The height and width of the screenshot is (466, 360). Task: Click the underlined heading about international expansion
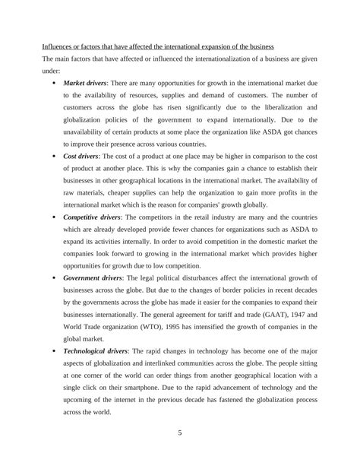click(x=163, y=48)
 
